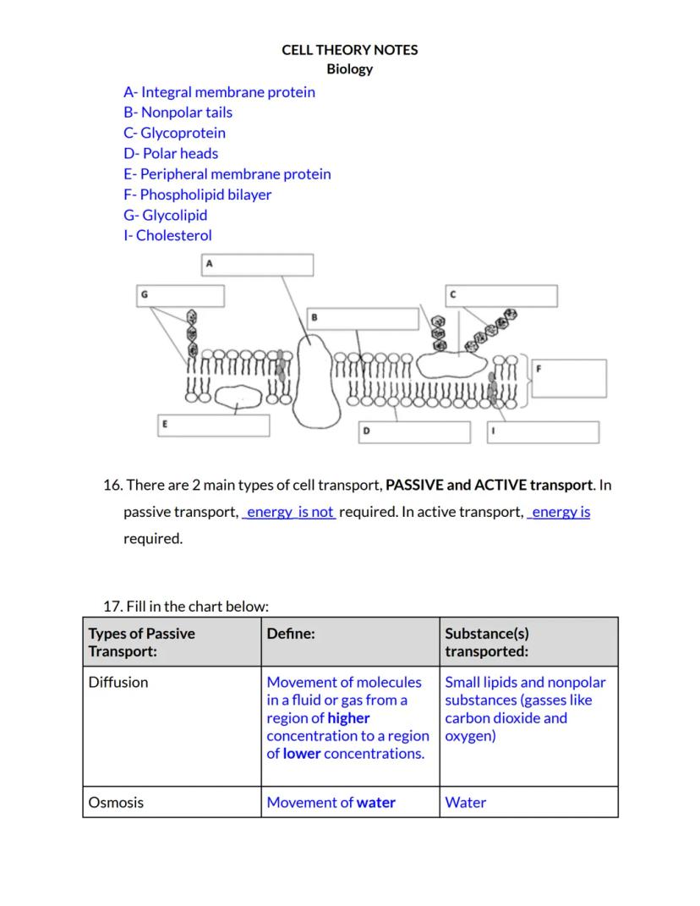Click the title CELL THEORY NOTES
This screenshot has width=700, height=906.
coord(349,50)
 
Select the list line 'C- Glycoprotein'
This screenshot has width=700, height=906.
coord(174,133)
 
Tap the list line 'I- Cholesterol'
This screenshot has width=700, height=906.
coord(167,236)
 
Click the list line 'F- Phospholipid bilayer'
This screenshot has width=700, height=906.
coord(197,195)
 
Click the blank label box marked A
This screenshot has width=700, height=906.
coord(257,265)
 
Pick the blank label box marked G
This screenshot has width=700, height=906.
coord(181,296)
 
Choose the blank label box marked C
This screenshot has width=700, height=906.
coord(501,296)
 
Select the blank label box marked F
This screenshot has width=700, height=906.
coord(569,378)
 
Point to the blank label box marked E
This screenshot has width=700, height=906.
coord(215,425)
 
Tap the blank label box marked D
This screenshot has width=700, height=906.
coord(414,431)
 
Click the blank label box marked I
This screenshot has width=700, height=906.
coord(542,431)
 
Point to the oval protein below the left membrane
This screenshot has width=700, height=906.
coord(241,396)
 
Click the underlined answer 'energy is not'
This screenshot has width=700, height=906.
coord(289,512)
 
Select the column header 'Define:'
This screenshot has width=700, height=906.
coord(291,634)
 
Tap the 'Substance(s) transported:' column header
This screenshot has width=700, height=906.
coord(487,642)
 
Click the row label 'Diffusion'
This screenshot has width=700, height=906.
coord(118,682)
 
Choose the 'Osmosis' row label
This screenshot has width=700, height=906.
coord(116,803)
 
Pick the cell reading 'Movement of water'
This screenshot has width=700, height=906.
coord(331,803)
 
